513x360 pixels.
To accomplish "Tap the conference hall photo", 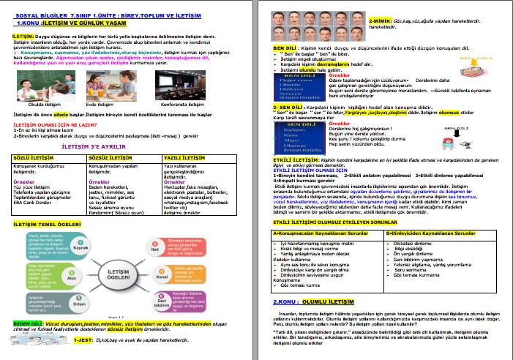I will pos(177,86).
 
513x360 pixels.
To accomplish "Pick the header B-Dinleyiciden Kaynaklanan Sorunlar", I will pos(425,233).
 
